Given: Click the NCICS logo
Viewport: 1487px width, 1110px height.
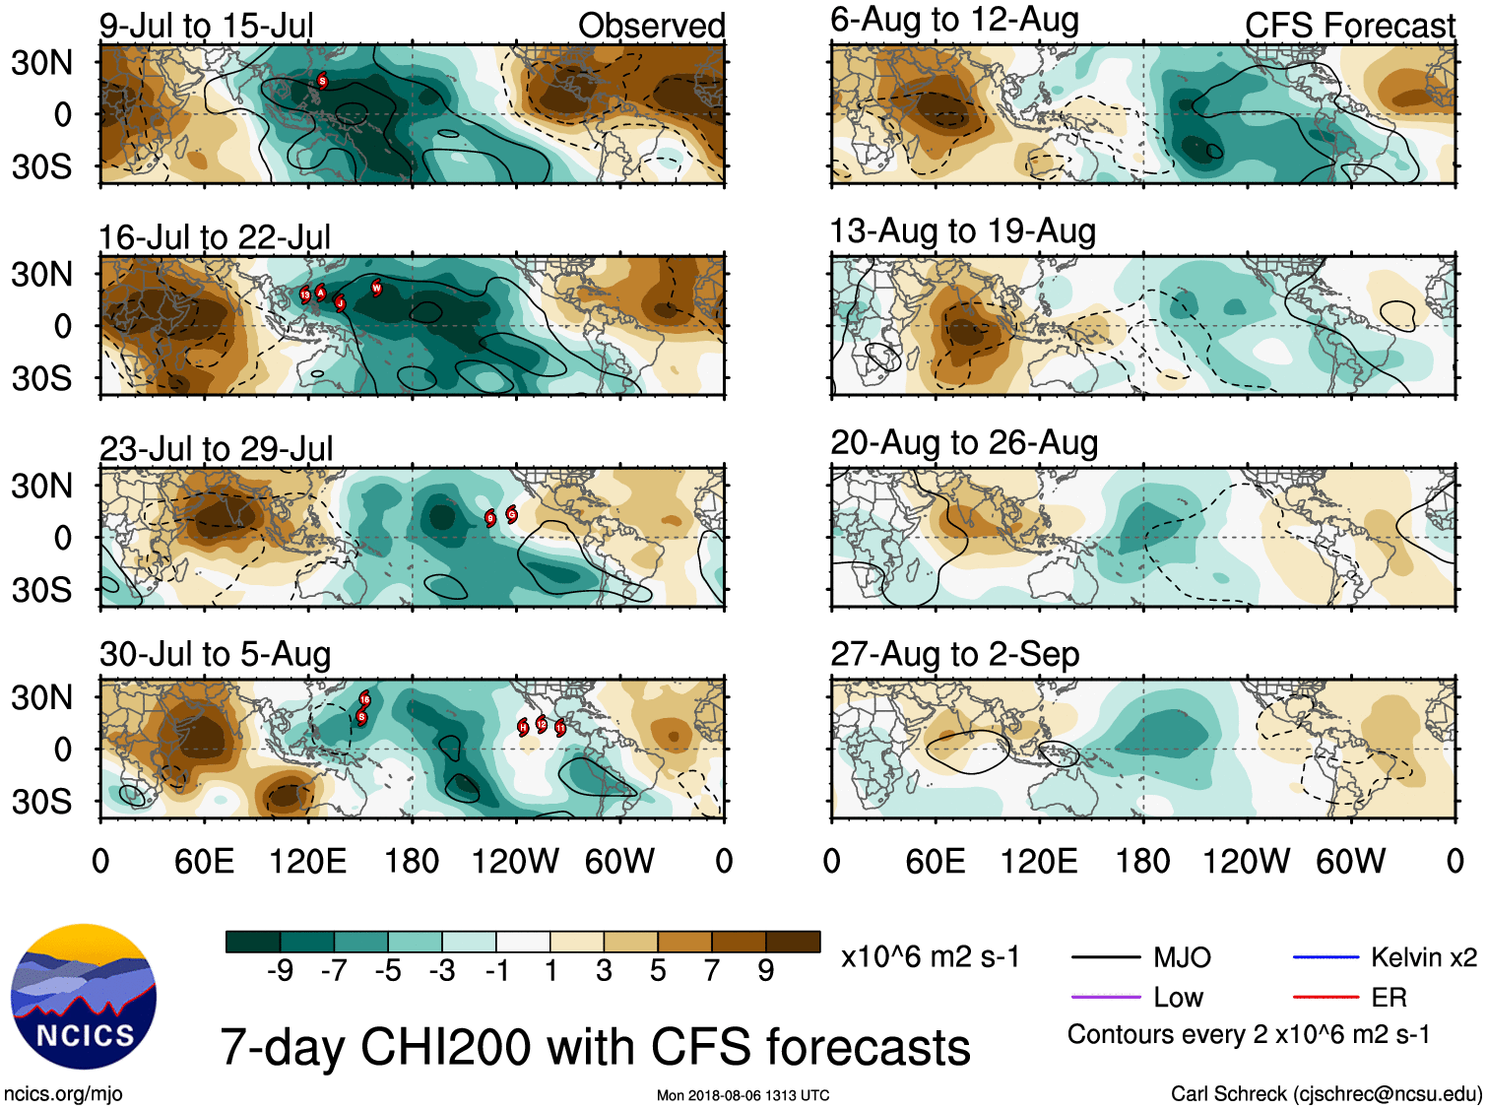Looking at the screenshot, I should tap(84, 996).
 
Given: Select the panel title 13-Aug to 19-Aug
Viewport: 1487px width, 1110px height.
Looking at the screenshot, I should tap(962, 231).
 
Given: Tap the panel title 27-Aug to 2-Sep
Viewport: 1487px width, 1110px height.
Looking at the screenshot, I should tap(954, 654).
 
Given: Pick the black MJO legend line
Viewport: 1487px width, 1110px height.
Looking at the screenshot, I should tap(1105, 957).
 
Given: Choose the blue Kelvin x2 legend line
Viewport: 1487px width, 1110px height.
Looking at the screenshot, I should tap(1325, 957).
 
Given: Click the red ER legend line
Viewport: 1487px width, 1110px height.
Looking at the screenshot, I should tap(1325, 998).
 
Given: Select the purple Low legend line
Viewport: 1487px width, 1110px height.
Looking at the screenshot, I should tap(1105, 998).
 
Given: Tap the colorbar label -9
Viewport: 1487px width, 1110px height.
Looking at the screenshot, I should tap(280, 971).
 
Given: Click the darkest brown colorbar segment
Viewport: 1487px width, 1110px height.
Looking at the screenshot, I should tap(793, 942).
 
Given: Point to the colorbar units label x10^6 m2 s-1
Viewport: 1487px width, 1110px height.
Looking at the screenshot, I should tap(931, 957).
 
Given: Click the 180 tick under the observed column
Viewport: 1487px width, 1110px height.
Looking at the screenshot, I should tap(412, 862).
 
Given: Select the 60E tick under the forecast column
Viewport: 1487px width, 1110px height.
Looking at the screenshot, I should tap(935, 862).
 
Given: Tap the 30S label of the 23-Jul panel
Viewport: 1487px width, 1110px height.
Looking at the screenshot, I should tap(42, 590).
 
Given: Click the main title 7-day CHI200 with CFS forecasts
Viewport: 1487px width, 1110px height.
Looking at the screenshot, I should tap(595, 1046).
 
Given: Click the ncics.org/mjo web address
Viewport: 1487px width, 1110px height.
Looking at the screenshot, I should tap(63, 1093).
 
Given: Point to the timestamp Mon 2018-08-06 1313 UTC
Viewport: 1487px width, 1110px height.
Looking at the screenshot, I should tap(743, 1095).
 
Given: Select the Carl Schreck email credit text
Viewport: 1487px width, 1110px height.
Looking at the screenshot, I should tap(1325, 1093).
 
